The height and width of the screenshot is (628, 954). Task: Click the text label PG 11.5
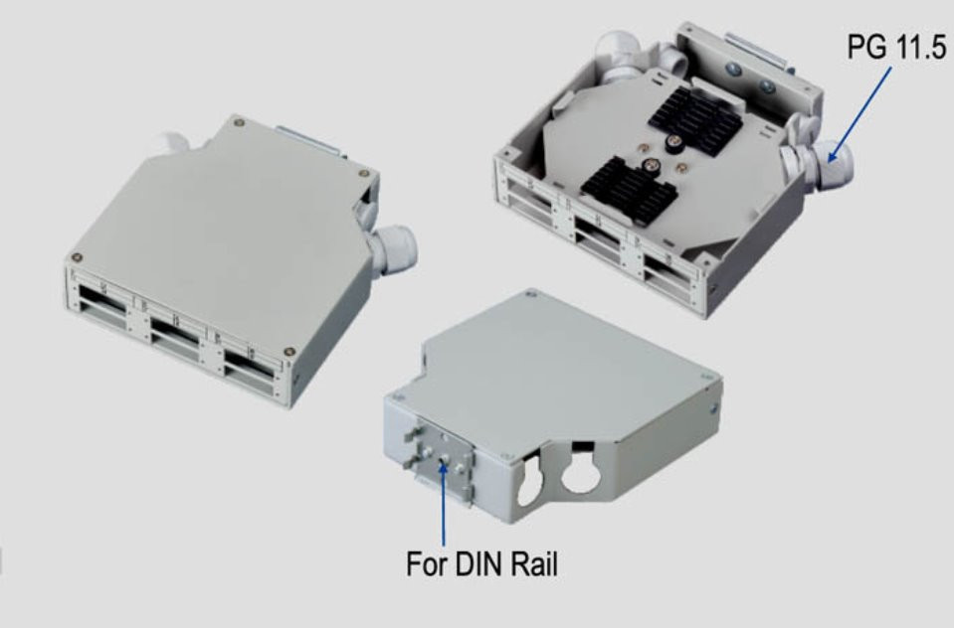897,47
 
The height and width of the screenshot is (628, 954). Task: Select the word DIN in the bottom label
479,563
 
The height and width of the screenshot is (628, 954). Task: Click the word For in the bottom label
427,563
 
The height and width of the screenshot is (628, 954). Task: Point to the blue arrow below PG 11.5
860,114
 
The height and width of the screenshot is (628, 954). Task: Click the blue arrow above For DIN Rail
444,502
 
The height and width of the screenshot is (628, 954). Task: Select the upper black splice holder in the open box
694,117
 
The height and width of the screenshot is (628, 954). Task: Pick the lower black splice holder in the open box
629,184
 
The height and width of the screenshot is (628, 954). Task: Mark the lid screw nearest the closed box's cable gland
364,173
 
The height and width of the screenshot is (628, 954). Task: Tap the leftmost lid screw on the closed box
77,257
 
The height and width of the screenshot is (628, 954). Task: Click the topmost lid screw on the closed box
239,123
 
